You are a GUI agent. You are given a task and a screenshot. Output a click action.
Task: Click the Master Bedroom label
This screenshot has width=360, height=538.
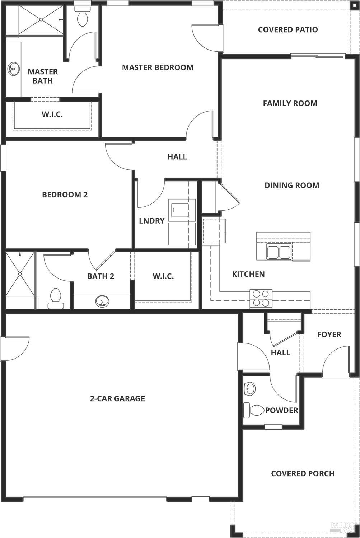[x=158, y=67]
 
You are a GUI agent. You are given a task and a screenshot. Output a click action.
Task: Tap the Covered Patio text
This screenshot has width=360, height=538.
[x=288, y=29]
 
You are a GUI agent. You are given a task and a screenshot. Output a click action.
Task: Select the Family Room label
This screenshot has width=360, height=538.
[x=290, y=103]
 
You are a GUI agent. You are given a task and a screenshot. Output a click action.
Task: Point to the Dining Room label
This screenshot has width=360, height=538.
[x=292, y=185]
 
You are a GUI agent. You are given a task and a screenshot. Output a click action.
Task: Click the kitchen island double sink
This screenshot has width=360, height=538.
[x=279, y=252]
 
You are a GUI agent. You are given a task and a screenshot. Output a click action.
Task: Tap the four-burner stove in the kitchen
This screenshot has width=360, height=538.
[x=261, y=298]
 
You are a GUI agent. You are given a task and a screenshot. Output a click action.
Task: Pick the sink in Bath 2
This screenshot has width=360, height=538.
[x=102, y=301]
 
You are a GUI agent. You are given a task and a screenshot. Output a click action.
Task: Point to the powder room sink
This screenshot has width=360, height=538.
[x=250, y=389]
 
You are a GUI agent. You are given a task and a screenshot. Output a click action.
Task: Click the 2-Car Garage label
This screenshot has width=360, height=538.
[x=117, y=398]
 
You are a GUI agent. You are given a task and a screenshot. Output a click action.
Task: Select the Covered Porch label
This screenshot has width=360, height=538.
[x=303, y=473]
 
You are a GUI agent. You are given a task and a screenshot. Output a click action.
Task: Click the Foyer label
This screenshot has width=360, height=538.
[x=329, y=335]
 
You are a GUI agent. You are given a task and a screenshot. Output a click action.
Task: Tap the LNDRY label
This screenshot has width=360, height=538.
[x=151, y=221]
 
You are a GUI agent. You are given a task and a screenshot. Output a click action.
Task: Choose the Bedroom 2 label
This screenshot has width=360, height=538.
[x=65, y=195]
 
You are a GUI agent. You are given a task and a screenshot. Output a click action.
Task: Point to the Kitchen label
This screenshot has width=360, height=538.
[x=248, y=274]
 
